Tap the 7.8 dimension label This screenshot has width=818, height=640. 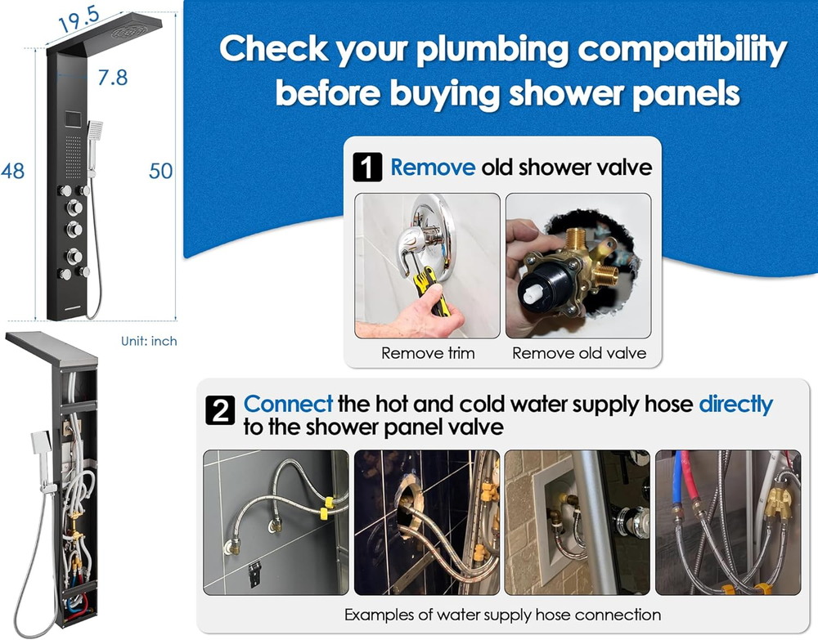tap(112, 78)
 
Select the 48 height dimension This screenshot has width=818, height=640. tap(12, 171)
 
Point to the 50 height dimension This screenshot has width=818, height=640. tap(161, 171)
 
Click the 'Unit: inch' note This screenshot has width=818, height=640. tap(149, 341)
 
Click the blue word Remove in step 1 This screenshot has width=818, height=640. tap(432, 168)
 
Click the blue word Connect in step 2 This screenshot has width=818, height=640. tap(288, 404)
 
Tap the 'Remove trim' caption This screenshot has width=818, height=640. tap(427, 353)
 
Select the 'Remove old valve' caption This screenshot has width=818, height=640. tap(578, 353)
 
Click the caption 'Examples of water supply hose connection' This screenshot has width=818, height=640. tap(502, 614)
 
